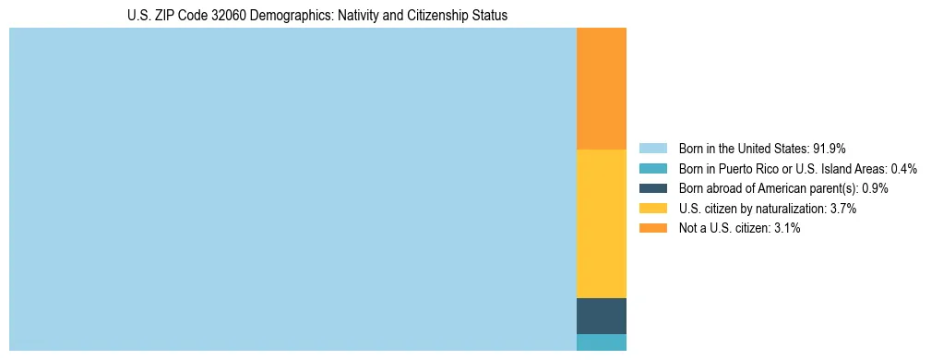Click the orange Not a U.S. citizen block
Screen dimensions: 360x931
[x=601, y=89]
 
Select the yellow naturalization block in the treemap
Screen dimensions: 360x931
[x=601, y=223]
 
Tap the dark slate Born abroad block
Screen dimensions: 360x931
[x=601, y=316]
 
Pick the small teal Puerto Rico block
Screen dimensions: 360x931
[x=601, y=342]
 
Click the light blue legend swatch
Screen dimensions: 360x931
[x=652, y=148]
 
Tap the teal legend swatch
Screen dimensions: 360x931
[x=652, y=168]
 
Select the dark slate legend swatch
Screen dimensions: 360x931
[x=652, y=188]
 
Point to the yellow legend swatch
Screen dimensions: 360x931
[x=652, y=209]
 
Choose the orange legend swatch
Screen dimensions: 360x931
[x=652, y=229]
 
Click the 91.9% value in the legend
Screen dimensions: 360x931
[x=830, y=148]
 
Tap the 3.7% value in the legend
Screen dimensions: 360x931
[x=843, y=209]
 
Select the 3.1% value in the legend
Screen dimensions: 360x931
[x=787, y=229]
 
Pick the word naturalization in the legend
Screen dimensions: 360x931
[x=794, y=209]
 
